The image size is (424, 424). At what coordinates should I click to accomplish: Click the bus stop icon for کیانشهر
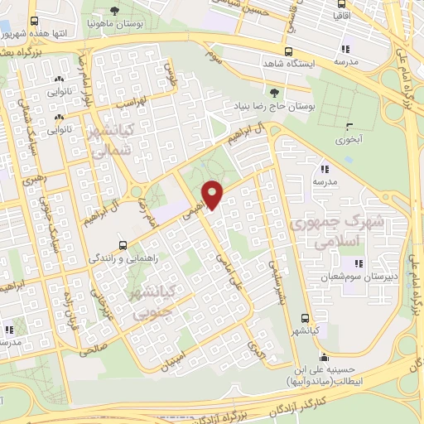[x=305, y=318]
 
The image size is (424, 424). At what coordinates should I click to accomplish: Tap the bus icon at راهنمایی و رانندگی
[x=123, y=246]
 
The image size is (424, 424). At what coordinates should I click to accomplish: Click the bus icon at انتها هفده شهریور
[x=34, y=22]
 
